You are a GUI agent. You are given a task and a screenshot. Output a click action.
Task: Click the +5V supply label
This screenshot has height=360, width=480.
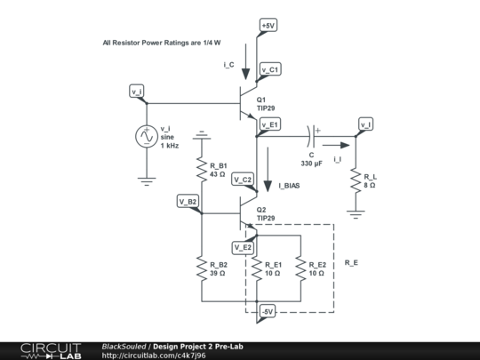pyautogui.click(x=269, y=26)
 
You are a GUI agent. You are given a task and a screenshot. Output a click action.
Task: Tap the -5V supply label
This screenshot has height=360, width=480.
pyautogui.click(x=268, y=312)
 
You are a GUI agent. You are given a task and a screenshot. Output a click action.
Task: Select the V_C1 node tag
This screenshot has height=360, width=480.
pyautogui.click(x=270, y=68)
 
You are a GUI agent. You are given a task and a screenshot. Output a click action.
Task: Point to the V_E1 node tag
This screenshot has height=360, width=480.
pyautogui.click(x=269, y=124)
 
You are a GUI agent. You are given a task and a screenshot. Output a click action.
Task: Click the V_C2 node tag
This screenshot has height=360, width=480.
pyautogui.click(x=243, y=180)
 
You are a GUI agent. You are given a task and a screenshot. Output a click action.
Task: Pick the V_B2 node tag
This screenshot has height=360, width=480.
pyautogui.click(x=188, y=202)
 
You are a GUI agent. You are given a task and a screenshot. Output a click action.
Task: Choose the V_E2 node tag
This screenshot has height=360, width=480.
pyautogui.click(x=242, y=246)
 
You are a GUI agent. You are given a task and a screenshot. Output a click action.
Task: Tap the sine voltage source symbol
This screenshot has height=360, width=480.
pyautogui.click(x=145, y=138)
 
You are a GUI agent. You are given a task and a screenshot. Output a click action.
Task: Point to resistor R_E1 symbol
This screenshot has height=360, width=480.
pyautogui.click(x=257, y=268)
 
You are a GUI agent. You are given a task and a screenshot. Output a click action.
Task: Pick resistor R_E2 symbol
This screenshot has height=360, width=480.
pyautogui.click(x=300, y=268)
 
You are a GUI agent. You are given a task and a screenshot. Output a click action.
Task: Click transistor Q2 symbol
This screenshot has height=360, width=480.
pyautogui.click(x=247, y=213)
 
